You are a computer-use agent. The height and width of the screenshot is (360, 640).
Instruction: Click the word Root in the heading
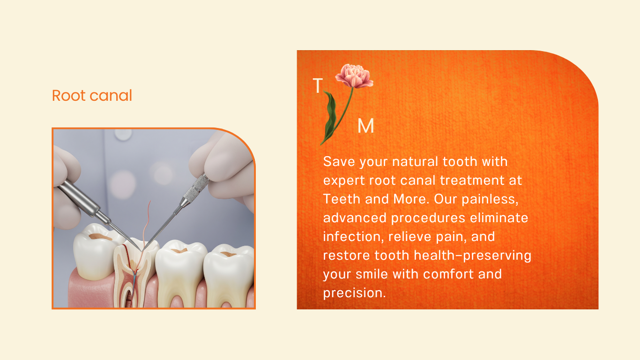point(68,96)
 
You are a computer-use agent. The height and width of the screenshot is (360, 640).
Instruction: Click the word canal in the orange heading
point(111,96)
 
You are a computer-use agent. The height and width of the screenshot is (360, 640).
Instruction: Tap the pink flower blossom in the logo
point(354,75)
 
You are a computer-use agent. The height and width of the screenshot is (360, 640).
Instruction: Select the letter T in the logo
point(318,85)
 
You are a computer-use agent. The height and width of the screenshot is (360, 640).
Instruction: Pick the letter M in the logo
point(366,126)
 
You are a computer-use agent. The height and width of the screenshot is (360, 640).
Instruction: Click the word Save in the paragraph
point(339,162)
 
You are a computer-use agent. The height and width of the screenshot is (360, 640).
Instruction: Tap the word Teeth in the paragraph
point(342,199)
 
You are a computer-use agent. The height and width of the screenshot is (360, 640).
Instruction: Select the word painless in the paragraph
point(490,200)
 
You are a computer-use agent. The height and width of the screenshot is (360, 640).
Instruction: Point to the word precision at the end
point(354,293)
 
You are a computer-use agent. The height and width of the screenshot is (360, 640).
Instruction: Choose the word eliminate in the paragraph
point(499,218)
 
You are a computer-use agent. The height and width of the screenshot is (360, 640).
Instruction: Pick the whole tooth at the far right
point(229,275)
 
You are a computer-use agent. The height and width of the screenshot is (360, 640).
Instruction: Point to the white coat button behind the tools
point(123,135)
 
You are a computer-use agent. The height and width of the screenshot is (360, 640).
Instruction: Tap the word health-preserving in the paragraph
point(472,255)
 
